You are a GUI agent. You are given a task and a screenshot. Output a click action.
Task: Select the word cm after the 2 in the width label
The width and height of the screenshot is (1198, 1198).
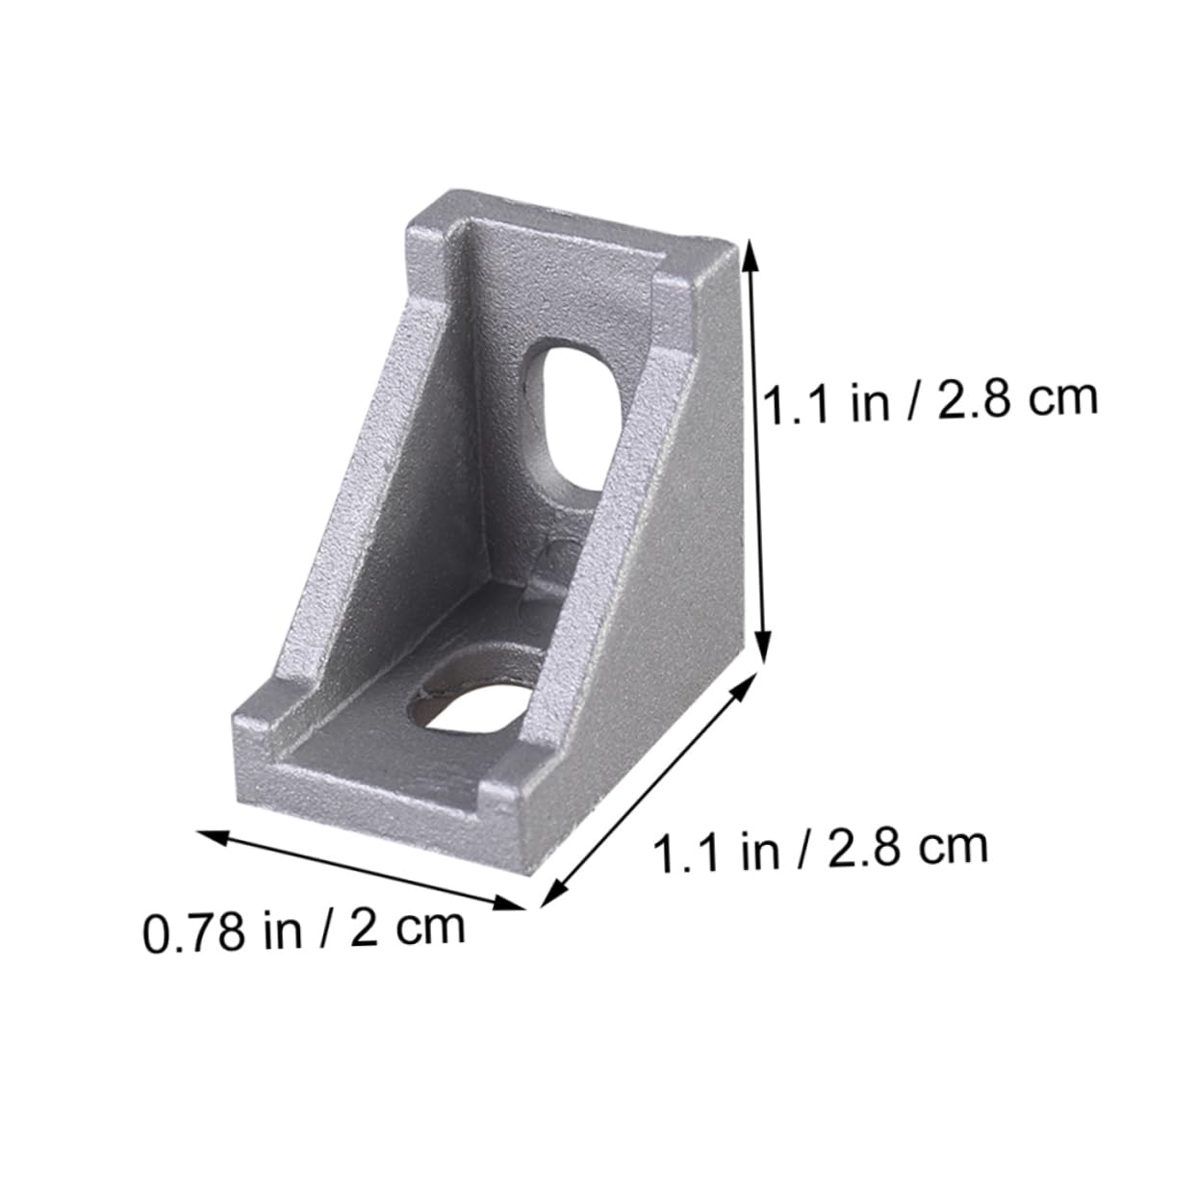click(429, 927)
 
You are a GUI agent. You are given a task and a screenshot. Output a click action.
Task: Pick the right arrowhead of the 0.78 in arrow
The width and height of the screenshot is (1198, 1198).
click(517, 904)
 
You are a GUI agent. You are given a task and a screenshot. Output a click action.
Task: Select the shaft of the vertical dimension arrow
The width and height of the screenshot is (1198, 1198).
click(757, 452)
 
